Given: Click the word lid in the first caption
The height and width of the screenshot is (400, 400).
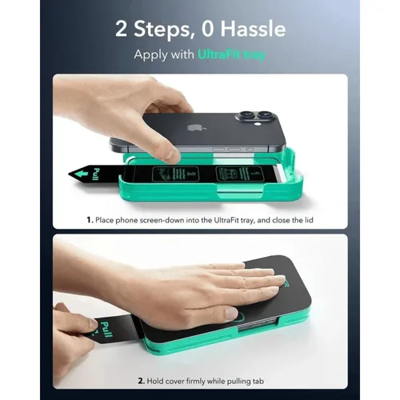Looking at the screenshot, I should tap(306, 216).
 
